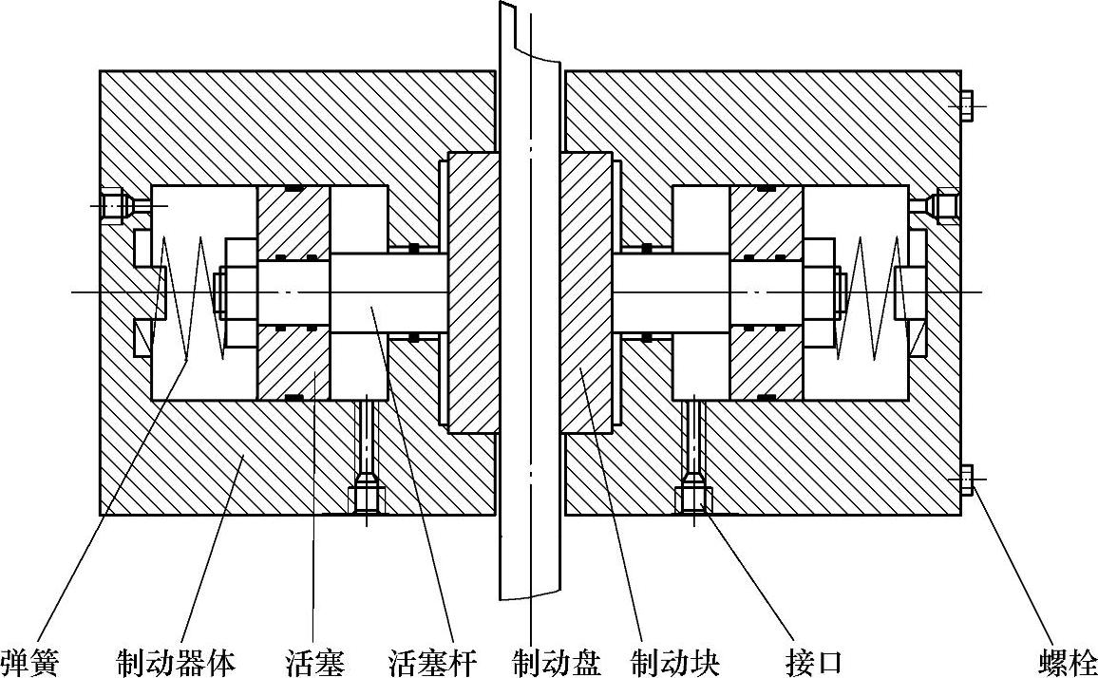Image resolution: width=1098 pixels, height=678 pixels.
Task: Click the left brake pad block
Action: (472, 292)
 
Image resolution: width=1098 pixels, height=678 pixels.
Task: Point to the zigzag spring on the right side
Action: (865, 294)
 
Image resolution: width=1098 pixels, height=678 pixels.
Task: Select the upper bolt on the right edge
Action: (967, 105)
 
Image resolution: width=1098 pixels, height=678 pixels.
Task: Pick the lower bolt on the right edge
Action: (967, 480)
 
